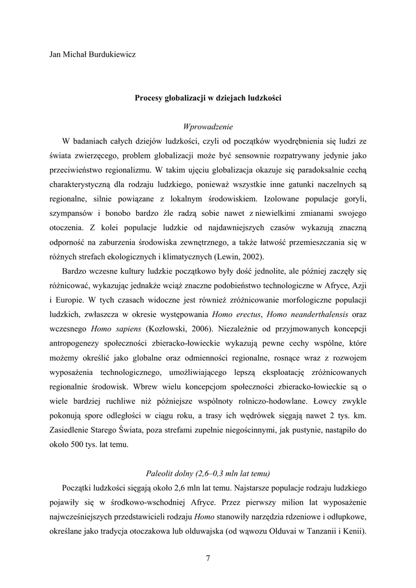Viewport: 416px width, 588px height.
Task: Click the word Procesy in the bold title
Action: (x=151, y=98)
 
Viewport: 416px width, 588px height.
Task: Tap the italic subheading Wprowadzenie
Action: (x=207, y=126)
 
